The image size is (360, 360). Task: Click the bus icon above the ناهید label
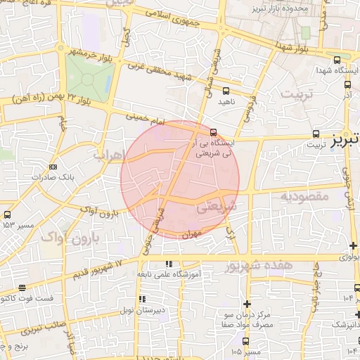[226, 90]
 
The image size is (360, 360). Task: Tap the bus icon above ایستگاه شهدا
[337, 60]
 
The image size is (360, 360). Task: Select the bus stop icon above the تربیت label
[316, 134]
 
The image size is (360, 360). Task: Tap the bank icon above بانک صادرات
[53, 167]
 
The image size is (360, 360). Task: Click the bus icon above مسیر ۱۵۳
[7, 214]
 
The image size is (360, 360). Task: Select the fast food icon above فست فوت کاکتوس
[22, 288]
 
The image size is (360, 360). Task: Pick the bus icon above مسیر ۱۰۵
[236, 340]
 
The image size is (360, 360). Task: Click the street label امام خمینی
[145, 120]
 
